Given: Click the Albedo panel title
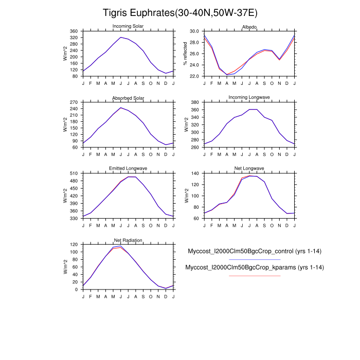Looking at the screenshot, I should (249, 26).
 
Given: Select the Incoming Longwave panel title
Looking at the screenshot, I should (249, 97).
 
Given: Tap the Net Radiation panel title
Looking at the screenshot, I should (128, 240).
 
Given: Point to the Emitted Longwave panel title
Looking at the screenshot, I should (128, 169).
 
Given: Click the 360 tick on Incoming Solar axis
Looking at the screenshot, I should (74, 31).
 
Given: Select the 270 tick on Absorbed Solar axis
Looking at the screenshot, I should (74, 102).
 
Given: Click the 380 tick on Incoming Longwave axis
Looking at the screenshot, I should (195, 102).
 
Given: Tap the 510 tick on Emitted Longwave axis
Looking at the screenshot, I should (74, 174).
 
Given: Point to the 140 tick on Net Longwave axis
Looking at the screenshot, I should (195, 174).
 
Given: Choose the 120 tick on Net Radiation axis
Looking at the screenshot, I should (74, 245).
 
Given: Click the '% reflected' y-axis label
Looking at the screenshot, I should (185, 53).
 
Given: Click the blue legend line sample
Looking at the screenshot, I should (254, 259).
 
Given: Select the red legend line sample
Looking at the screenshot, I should (254, 276).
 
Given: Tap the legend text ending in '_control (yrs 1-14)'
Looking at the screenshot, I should (254, 251).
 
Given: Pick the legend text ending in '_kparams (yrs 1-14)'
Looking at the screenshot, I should (254, 267).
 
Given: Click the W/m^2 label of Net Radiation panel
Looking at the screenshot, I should (65, 267).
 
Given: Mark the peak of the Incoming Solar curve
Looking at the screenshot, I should (121, 37).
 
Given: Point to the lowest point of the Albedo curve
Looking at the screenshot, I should (227, 75).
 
